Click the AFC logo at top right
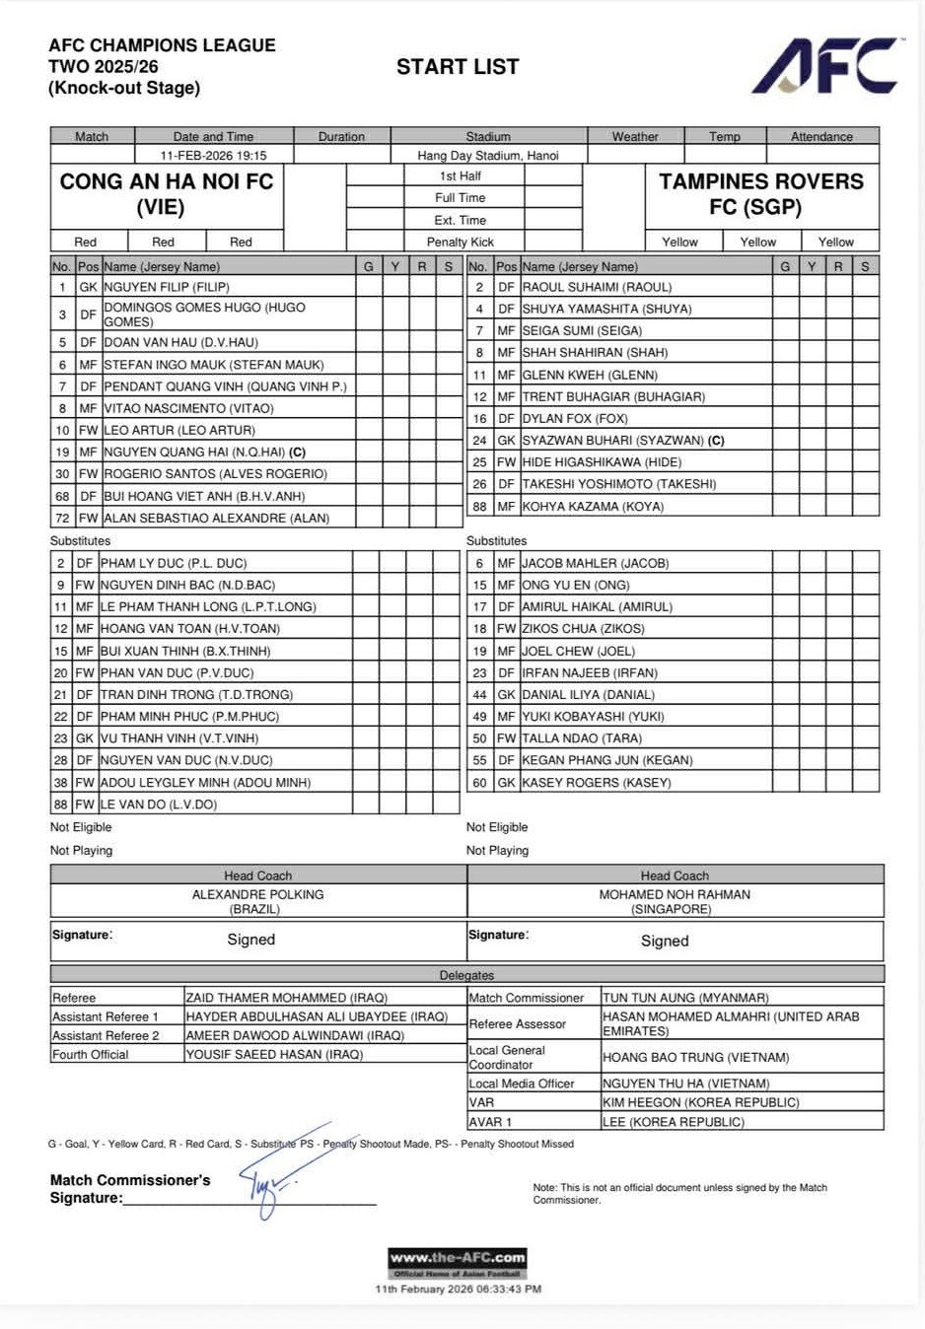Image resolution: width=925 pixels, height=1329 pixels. click(x=826, y=67)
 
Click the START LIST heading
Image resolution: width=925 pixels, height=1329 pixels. click(x=458, y=67)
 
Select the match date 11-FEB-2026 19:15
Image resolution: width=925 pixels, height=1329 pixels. click(x=213, y=155)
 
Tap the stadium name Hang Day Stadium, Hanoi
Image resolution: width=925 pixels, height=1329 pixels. click(x=487, y=155)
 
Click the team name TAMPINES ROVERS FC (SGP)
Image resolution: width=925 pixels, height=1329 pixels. click(x=760, y=194)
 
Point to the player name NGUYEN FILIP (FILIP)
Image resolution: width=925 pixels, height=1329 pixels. click(x=167, y=287)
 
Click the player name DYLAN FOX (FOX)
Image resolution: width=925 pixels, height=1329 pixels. click(x=574, y=418)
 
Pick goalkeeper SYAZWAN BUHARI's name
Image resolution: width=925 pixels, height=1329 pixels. click(x=612, y=440)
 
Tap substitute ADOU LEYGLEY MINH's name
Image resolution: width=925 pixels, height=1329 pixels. click(x=205, y=782)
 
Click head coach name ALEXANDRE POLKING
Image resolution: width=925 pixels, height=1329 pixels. click(x=257, y=894)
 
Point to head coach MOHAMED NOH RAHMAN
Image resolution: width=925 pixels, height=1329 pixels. click(x=675, y=894)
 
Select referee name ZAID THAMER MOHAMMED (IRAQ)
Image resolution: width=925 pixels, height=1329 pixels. click(x=287, y=998)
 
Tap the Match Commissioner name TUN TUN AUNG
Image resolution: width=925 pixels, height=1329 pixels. click(x=685, y=998)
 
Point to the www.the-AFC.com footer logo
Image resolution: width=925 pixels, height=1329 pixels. click(x=458, y=1262)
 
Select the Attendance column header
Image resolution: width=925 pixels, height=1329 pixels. click(x=821, y=137)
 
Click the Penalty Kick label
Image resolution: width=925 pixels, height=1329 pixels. click(x=461, y=242)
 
